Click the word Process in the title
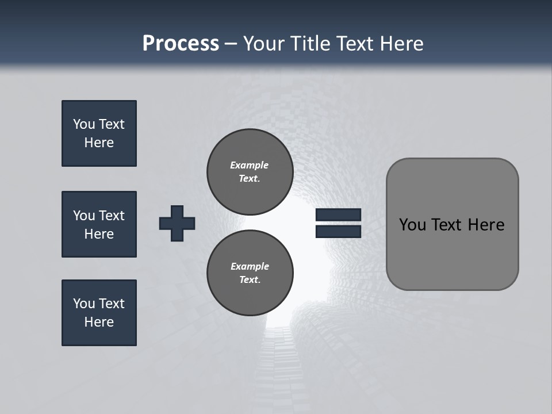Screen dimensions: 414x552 pyautogui.click(x=181, y=44)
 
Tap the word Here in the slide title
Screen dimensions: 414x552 pyautogui.click(x=401, y=44)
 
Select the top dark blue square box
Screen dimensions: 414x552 pyautogui.click(x=99, y=133)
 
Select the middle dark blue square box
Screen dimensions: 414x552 pyautogui.click(x=99, y=224)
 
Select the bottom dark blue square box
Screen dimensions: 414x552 pyautogui.click(x=99, y=313)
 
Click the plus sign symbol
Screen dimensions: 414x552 pyautogui.click(x=177, y=223)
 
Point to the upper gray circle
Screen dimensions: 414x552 pyautogui.click(x=250, y=172)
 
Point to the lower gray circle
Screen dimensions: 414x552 pyautogui.click(x=250, y=273)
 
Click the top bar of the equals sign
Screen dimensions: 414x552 pyautogui.click(x=338, y=214)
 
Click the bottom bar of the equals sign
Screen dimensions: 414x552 pyautogui.click(x=338, y=231)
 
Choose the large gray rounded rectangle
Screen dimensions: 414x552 pyautogui.click(x=452, y=224)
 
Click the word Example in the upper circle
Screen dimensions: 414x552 pyautogui.click(x=249, y=165)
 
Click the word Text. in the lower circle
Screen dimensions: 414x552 pyautogui.click(x=250, y=280)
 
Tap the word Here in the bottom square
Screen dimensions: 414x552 pyautogui.click(x=99, y=322)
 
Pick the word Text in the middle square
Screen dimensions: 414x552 pyautogui.click(x=111, y=216)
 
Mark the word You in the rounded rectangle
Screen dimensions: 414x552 pyautogui.click(x=413, y=225)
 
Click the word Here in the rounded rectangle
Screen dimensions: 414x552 pyautogui.click(x=486, y=225)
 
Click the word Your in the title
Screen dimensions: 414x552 pyautogui.click(x=262, y=44)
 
